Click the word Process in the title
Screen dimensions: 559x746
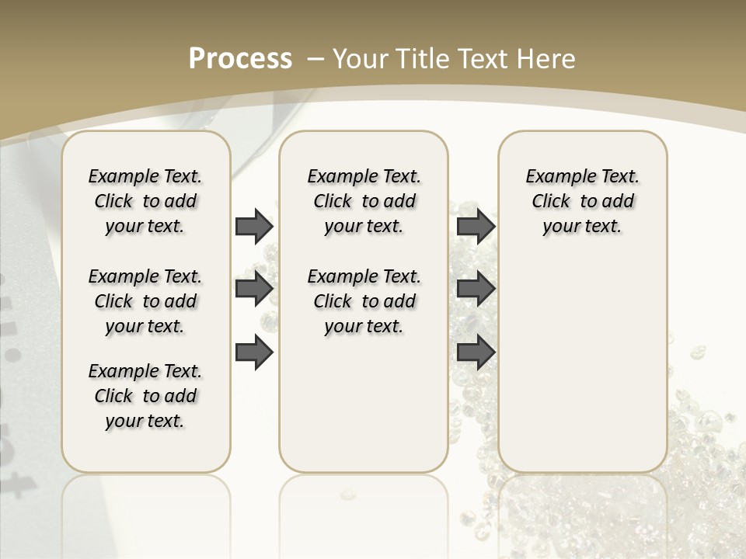click(240, 59)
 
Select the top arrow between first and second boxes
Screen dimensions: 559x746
click(254, 226)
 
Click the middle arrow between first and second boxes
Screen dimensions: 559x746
click(254, 289)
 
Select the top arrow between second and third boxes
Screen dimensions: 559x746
click(476, 226)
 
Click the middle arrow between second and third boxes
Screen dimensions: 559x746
click(476, 289)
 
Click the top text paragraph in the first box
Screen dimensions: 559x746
click(145, 201)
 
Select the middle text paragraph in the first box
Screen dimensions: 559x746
click(145, 301)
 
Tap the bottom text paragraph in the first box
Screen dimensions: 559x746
click(145, 396)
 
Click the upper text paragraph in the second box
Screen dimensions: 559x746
click(364, 201)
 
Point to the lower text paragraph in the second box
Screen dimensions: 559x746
click(364, 301)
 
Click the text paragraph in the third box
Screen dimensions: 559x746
click(582, 201)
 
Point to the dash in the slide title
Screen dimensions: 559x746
click(315, 59)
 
